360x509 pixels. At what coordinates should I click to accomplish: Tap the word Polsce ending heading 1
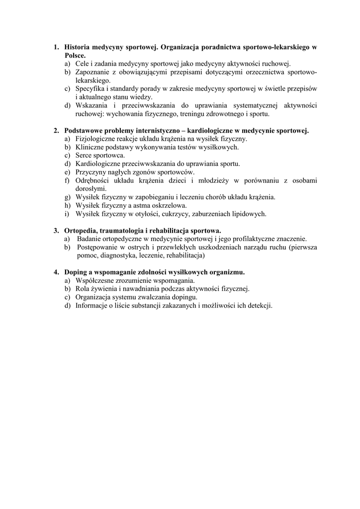75,55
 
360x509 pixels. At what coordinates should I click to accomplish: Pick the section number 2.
56,131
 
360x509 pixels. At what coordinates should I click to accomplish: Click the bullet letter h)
67,206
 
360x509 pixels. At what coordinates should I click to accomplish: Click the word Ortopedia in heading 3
82,231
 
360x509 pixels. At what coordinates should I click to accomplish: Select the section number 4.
56,272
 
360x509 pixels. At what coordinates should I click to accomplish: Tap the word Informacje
93,306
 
